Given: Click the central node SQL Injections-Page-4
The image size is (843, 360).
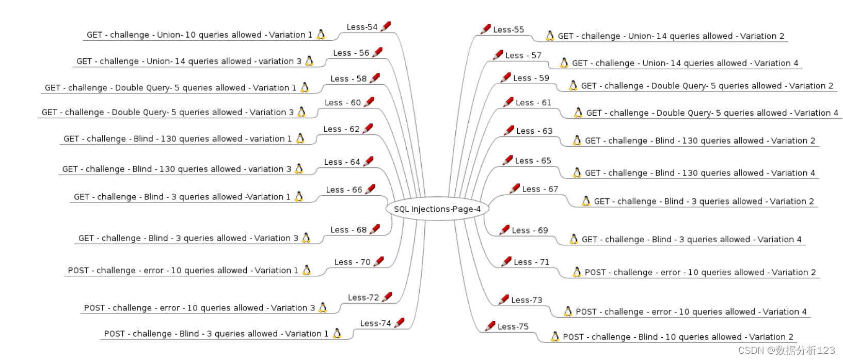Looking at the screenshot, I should [x=437, y=209].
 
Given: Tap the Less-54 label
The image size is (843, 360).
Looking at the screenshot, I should [x=362, y=27].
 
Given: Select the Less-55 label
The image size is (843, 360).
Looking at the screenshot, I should [x=508, y=30].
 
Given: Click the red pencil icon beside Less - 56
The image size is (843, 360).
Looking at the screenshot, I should [x=377, y=52].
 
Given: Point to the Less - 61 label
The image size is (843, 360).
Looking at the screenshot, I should [x=533, y=103].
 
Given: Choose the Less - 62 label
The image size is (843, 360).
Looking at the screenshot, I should [x=341, y=129].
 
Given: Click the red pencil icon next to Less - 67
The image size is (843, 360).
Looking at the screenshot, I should [x=514, y=189].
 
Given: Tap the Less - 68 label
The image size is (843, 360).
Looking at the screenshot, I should [x=348, y=230].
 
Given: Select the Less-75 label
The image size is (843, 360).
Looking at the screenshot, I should [x=513, y=326].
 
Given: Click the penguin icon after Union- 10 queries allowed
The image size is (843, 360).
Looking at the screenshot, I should [x=321, y=35].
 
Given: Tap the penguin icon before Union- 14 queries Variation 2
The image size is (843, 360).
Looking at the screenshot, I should [x=550, y=36].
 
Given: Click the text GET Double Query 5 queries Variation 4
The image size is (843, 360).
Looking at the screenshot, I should [x=712, y=113].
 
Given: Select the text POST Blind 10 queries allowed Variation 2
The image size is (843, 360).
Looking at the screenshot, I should [x=678, y=337].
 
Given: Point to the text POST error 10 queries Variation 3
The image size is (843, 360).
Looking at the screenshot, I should [x=199, y=308].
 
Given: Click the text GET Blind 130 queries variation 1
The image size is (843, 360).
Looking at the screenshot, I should [x=178, y=139].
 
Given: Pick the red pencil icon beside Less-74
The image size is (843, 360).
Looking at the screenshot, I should [x=399, y=323].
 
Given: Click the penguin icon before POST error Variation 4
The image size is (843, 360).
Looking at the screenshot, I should [x=568, y=311].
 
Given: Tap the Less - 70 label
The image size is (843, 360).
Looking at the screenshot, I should [x=352, y=262].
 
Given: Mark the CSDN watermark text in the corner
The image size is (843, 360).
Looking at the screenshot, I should [x=786, y=350].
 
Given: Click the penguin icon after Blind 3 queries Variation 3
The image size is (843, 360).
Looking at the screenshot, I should [x=306, y=238].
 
